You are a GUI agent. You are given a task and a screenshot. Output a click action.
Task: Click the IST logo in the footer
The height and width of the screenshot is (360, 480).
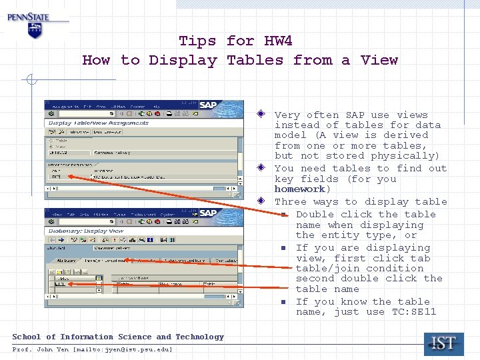(x=443, y=343)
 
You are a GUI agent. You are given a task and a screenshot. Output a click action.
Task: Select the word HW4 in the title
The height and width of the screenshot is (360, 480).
(x=278, y=41)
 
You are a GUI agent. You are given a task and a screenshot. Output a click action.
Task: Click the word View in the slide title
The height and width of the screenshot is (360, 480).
(x=379, y=60)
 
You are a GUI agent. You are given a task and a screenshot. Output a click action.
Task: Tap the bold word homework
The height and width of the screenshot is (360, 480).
(x=300, y=189)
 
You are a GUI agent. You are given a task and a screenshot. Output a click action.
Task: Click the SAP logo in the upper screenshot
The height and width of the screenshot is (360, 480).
(x=209, y=105)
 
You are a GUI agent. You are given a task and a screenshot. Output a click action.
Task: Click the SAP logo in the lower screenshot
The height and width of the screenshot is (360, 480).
(x=209, y=213)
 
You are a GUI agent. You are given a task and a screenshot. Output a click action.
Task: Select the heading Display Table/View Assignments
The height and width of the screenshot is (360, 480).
(x=99, y=123)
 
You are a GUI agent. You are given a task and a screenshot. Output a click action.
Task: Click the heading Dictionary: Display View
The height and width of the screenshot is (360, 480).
(x=85, y=231)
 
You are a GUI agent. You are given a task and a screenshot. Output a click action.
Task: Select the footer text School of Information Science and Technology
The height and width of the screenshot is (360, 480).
(x=118, y=337)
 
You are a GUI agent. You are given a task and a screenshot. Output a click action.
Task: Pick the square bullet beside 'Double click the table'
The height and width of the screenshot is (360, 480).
(x=283, y=215)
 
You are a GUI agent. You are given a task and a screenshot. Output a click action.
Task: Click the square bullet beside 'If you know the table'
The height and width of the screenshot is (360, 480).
(x=283, y=302)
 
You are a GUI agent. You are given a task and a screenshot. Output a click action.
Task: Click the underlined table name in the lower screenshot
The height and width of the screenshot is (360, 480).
(x=61, y=284)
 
